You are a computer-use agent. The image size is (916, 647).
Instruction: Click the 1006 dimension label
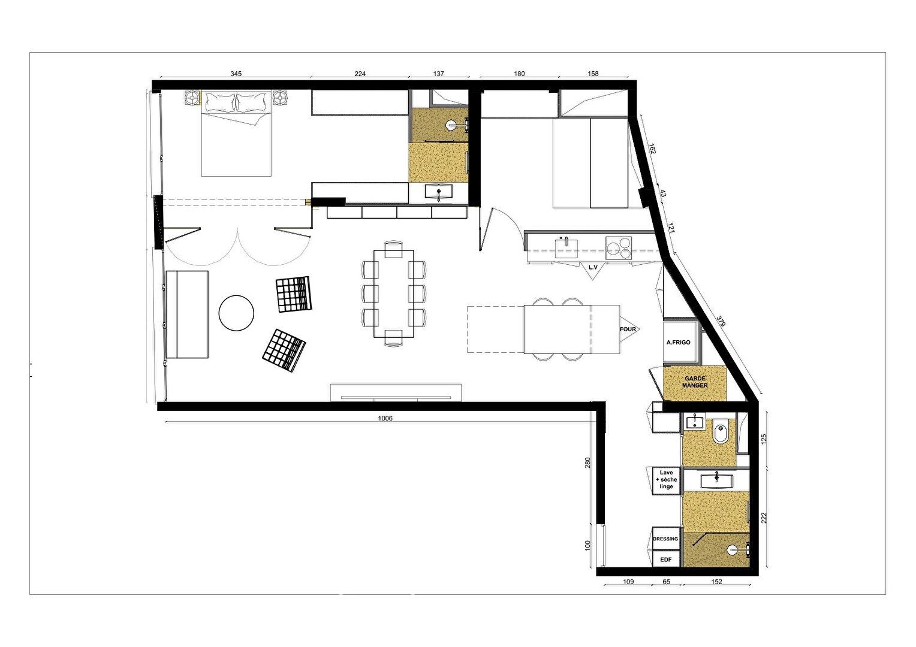(x=385, y=418)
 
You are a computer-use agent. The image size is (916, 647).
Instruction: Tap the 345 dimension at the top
(x=236, y=74)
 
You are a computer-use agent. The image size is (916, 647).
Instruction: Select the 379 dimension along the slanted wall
(x=721, y=322)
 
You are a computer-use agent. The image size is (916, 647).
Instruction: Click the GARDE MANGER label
(x=695, y=382)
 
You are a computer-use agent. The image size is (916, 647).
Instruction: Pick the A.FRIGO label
(x=679, y=343)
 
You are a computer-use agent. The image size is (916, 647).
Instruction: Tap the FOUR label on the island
(x=628, y=329)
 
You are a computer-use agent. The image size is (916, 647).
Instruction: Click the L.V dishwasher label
(x=593, y=268)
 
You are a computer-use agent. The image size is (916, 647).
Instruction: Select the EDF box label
(x=666, y=560)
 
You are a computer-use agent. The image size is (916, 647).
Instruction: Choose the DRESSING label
(x=665, y=539)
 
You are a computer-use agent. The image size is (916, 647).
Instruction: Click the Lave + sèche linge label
(x=666, y=479)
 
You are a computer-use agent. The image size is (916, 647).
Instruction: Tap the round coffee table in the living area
(x=236, y=313)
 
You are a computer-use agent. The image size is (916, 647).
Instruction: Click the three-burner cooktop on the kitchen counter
(x=618, y=248)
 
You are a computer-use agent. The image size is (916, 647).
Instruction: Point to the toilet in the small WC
(x=719, y=433)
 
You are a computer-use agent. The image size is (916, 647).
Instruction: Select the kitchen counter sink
(x=567, y=248)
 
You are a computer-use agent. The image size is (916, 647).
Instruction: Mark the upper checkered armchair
(x=294, y=294)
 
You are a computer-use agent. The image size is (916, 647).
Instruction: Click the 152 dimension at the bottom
(x=716, y=582)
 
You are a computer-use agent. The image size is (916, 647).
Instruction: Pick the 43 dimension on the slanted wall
(x=663, y=194)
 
